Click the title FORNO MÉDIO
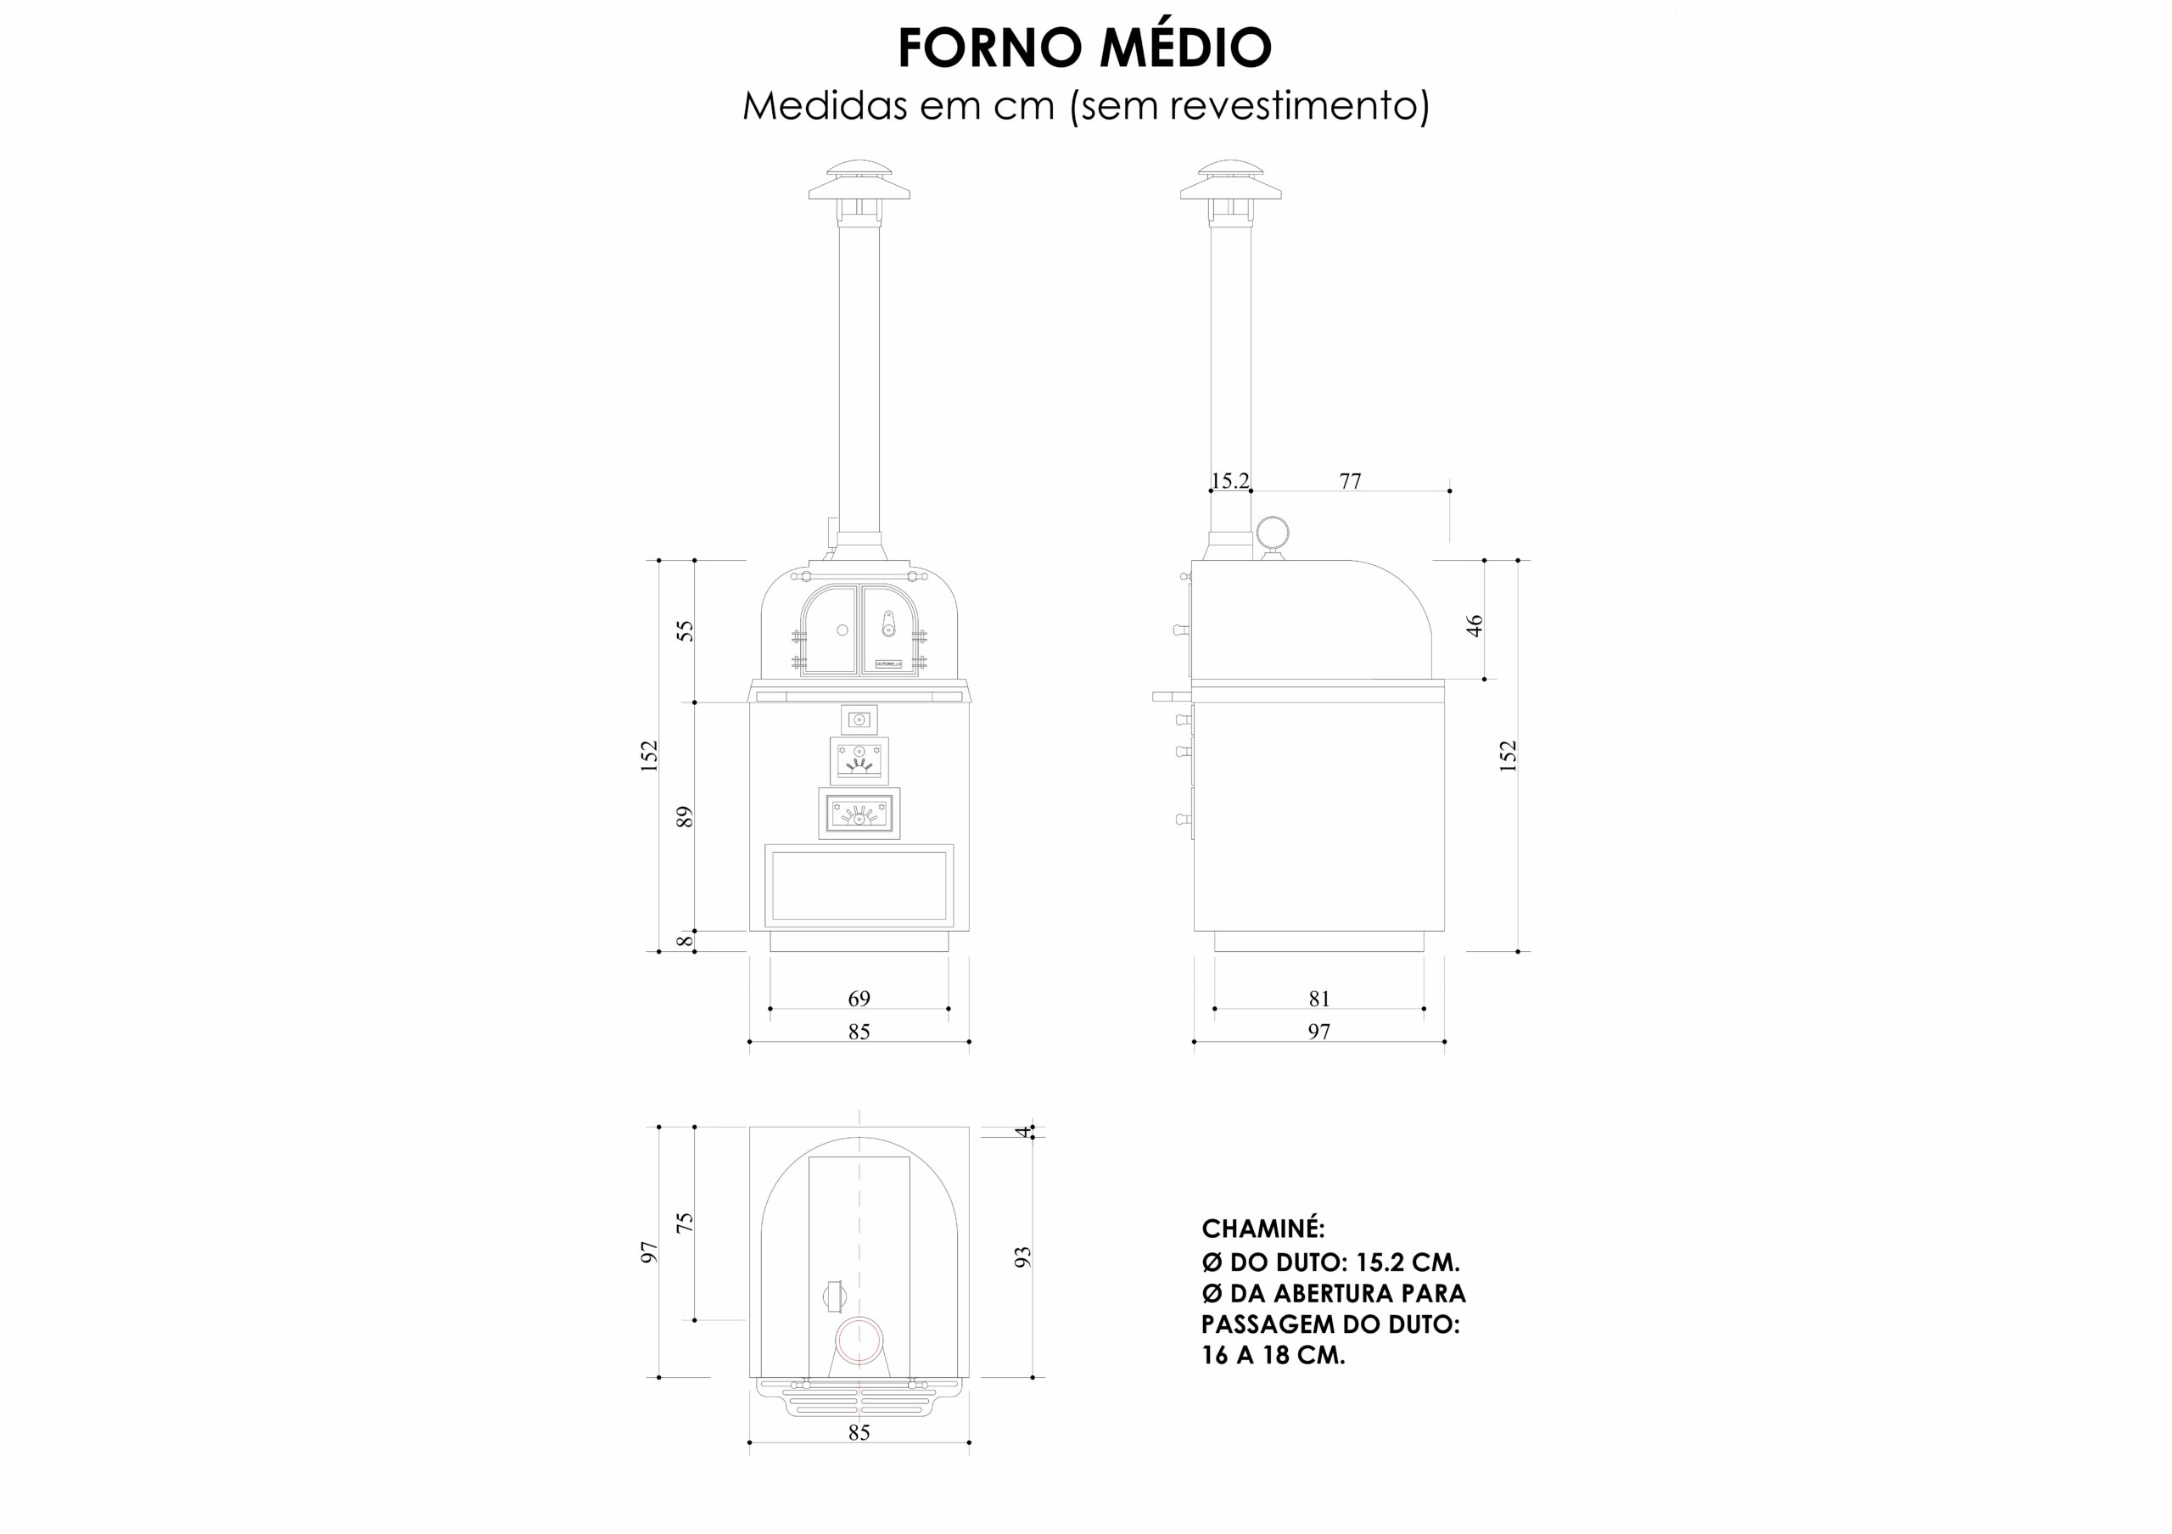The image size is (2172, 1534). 1085,48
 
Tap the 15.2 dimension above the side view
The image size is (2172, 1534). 1229,480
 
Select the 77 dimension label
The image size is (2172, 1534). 1350,480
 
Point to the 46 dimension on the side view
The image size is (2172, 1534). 1474,625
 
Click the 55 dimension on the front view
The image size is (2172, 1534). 685,630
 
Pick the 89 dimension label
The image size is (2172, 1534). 685,816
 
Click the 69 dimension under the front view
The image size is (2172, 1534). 859,998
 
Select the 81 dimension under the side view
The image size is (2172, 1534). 1319,998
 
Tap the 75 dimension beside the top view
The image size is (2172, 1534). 685,1222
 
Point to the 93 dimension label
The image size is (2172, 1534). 1022,1257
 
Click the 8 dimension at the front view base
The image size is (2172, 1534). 685,941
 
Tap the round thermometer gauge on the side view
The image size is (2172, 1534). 1273,534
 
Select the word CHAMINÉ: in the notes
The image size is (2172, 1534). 1263,1229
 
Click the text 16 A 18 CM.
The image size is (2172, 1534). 1274,1355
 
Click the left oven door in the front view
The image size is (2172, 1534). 830,630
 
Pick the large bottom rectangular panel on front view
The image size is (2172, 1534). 859,885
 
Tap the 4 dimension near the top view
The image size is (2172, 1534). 1022,1131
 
